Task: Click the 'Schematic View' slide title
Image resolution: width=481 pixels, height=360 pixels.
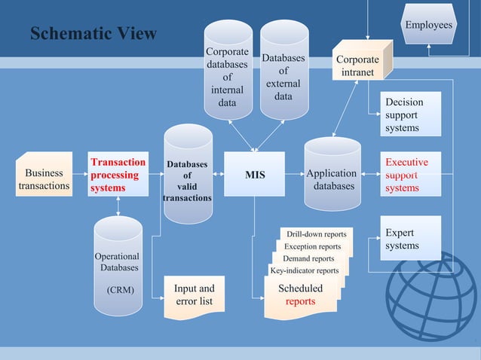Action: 93,34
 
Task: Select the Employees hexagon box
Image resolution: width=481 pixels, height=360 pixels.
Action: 429,25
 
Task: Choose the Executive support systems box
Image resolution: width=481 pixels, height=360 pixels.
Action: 406,175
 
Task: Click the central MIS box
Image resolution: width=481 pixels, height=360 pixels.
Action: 255,175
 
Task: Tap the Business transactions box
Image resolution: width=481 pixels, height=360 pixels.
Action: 44,178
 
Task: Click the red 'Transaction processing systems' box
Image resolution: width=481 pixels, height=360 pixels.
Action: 118,175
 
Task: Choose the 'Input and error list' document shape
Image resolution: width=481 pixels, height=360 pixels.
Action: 194,295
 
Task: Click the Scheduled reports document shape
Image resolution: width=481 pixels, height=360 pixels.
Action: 300,295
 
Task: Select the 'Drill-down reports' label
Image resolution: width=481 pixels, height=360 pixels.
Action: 316,234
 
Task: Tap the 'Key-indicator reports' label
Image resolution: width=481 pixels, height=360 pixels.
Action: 304,270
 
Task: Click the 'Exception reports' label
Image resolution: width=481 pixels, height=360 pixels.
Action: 312,246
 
